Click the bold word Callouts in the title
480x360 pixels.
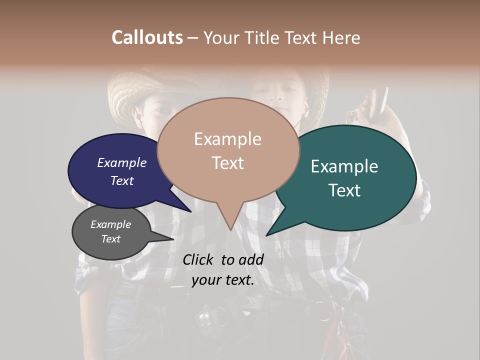pyautogui.click(x=147, y=37)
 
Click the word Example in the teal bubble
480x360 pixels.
pyautogui.click(x=344, y=166)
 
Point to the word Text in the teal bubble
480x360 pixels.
pyautogui.click(x=344, y=190)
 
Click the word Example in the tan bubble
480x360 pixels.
pyautogui.click(x=227, y=139)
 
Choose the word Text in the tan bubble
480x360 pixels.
pyautogui.click(x=227, y=163)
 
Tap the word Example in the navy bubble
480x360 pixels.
pyautogui.click(x=121, y=163)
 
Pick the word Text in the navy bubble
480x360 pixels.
pyautogui.click(x=121, y=180)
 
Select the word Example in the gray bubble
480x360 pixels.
pyautogui.click(x=110, y=224)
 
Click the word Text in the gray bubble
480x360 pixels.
pyautogui.click(x=110, y=239)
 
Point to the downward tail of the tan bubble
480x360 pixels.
pyautogui.click(x=230, y=220)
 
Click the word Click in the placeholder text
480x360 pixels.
pyautogui.click(x=198, y=259)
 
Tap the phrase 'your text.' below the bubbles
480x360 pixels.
pyautogui.click(x=223, y=280)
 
